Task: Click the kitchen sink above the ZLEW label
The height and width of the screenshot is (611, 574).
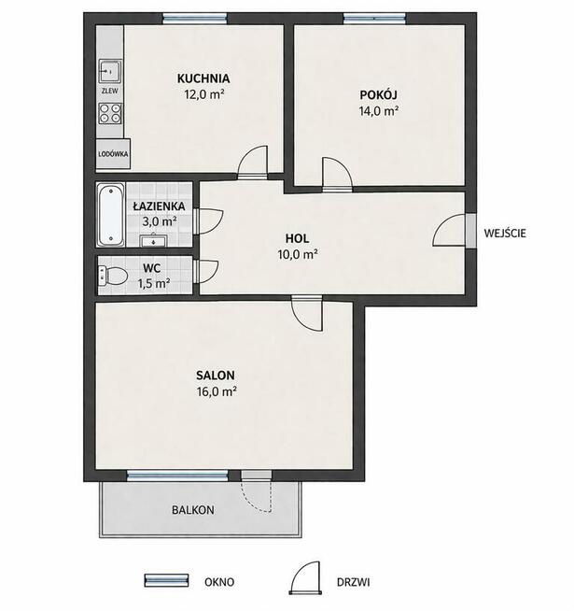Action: pyautogui.click(x=110, y=71)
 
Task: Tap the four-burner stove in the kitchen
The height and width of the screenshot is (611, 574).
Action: pyautogui.click(x=110, y=113)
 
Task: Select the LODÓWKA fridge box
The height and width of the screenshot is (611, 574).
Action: pyautogui.click(x=113, y=153)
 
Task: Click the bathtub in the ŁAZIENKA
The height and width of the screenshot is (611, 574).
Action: pyautogui.click(x=111, y=215)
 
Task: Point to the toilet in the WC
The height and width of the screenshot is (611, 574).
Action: pyautogui.click(x=113, y=275)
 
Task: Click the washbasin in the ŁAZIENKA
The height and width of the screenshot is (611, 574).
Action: pyautogui.click(x=154, y=240)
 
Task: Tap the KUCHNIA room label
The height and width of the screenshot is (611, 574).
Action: pyautogui.click(x=203, y=78)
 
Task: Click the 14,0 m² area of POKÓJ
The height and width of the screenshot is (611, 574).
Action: pyautogui.click(x=379, y=111)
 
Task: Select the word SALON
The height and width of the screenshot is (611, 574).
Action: pyautogui.click(x=216, y=376)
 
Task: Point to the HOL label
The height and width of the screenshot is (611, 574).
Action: pyautogui.click(x=297, y=238)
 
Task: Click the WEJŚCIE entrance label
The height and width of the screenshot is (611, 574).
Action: pyautogui.click(x=505, y=233)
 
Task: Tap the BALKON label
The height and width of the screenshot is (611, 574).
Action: pyautogui.click(x=193, y=510)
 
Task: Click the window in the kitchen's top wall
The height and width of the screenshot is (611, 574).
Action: pyautogui.click(x=195, y=19)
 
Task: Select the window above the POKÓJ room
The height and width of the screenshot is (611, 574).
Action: pyautogui.click(x=374, y=19)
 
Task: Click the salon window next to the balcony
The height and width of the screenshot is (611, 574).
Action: pyautogui.click(x=177, y=475)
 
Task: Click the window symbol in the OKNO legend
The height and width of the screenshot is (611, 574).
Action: pyautogui.click(x=166, y=580)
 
